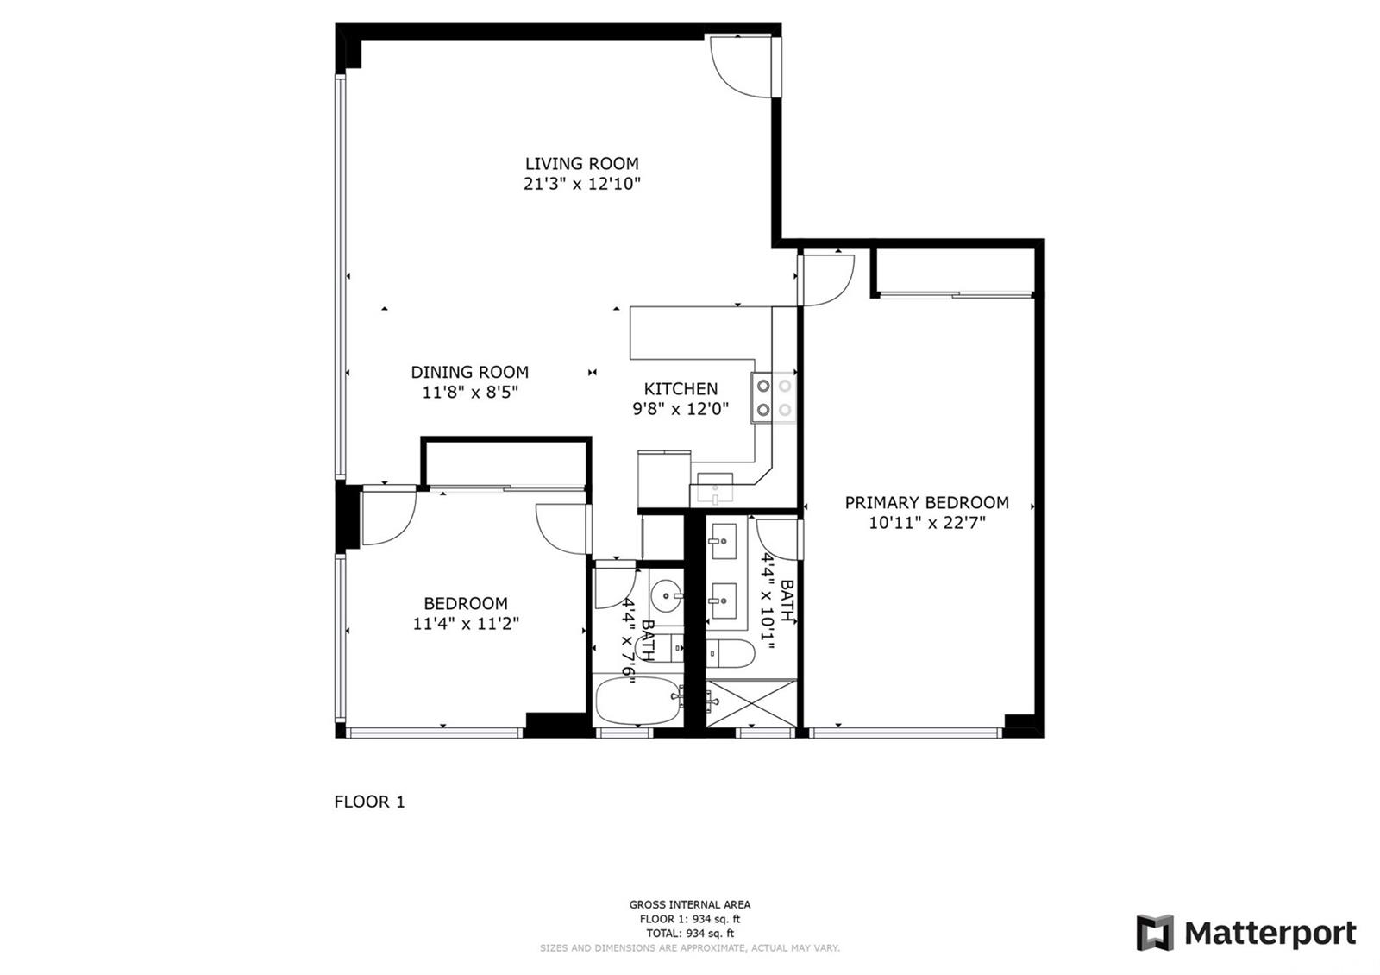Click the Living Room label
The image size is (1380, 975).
[x=581, y=163]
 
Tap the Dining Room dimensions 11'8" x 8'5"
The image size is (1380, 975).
[x=470, y=392]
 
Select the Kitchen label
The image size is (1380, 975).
[x=681, y=389]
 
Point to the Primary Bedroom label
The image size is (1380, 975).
[x=926, y=503]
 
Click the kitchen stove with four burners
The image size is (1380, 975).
[x=773, y=398]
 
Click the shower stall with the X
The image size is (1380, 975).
[x=751, y=703]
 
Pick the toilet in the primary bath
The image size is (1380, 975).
[x=730, y=653]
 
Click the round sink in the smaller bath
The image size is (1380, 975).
[x=667, y=595]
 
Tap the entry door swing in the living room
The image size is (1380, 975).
[x=741, y=66]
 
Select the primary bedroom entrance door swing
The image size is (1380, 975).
[x=827, y=280]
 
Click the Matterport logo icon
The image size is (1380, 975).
[x=1155, y=933]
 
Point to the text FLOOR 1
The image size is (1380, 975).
[x=370, y=802]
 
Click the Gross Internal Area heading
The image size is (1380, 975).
[x=689, y=905]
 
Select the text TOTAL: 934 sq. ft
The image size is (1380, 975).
[x=690, y=934]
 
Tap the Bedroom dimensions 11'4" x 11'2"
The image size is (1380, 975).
[x=466, y=624]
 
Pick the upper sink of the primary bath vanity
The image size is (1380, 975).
[x=724, y=541]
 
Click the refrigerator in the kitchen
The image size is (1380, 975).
[x=664, y=481]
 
